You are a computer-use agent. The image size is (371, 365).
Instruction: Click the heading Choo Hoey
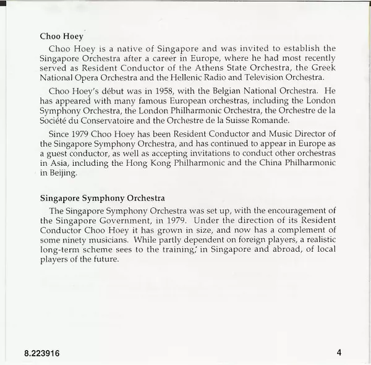pos(61,36)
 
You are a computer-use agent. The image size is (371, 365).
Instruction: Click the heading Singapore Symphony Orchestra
pos(102,199)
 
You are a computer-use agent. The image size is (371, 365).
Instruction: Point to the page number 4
pos(339,353)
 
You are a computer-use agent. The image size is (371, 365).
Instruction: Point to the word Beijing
pos(63,174)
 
